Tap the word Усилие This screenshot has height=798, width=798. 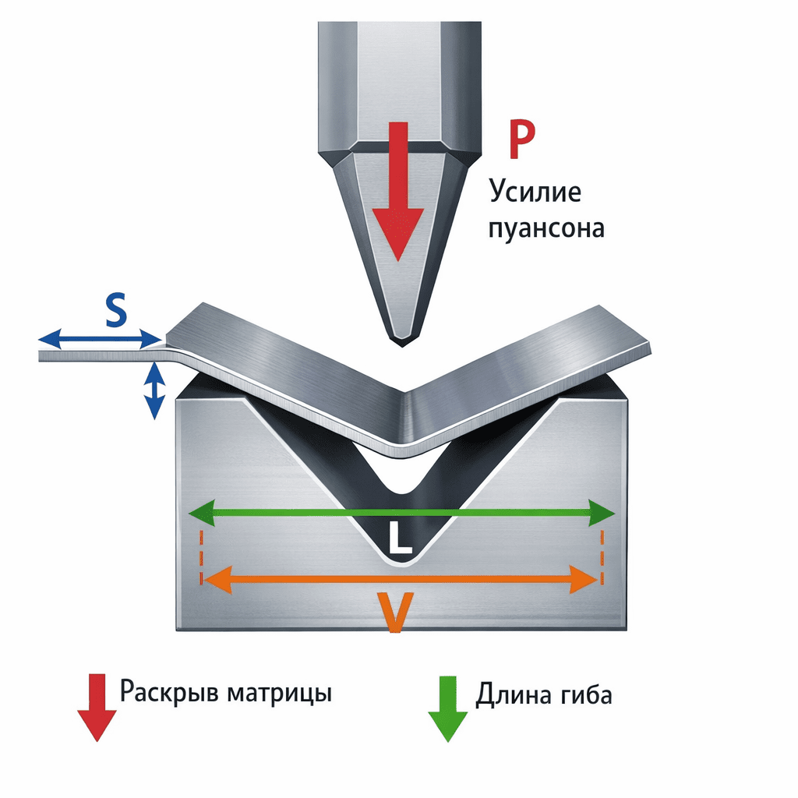(x=535, y=191)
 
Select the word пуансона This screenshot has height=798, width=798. (x=546, y=229)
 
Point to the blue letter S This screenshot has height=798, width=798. (x=115, y=312)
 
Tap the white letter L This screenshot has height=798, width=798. (x=400, y=540)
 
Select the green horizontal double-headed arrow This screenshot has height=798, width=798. (x=403, y=513)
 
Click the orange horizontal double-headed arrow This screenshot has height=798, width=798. (x=399, y=578)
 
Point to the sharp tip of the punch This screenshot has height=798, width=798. (x=402, y=342)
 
